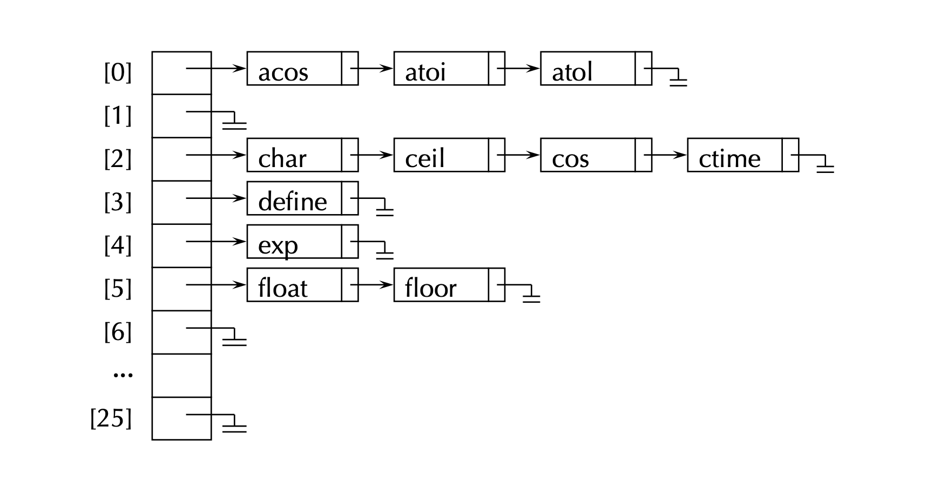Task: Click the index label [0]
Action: pos(118,72)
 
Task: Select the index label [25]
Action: pos(111,418)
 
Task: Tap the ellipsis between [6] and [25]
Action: pos(123,374)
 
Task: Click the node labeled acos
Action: pos(294,69)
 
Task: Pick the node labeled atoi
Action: pos(441,69)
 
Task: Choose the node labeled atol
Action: pos(588,69)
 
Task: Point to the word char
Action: pos(282,158)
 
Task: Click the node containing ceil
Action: pos(441,155)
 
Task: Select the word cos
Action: pos(570,158)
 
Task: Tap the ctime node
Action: pos(735,155)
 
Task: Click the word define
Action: pos(292,202)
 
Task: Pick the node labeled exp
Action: pos(294,242)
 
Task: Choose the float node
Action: pos(294,285)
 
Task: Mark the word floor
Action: pos(430,288)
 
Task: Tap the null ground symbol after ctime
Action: pos(825,165)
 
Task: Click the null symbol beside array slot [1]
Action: pos(235,122)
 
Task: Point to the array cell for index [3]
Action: pos(181,202)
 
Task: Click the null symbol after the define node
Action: pos(384,209)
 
